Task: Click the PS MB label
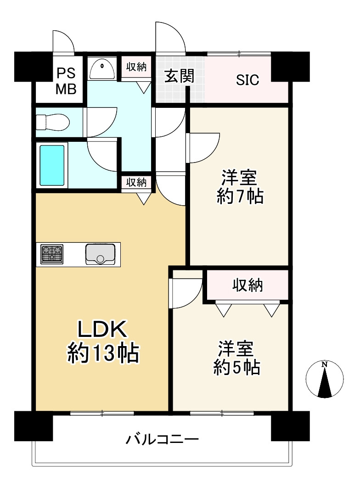pyautogui.click(x=66, y=81)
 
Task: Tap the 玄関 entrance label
pyautogui.click(x=179, y=76)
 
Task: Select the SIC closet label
pyautogui.click(x=247, y=80)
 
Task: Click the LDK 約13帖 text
pyautogui.click(x=103, y=342)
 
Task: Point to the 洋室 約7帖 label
pyautogui.click(x=240, y=187)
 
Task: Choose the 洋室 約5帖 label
pyautogui.click(x=236, y=358)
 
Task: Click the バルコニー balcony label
pyautogui.click(x=162, y=439)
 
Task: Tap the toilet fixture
pyautogui.click(x=52, y=122)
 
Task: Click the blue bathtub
pyautogui.click(x=52, y=166)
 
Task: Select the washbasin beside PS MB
pyautogui.click(x=101, y=69)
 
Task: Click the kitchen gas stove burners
pyautogui.click(x=52, y=254)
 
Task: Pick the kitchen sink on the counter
pyautogui.click(x=100, y=254)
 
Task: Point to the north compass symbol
pyautogui.click(x=325, y=379)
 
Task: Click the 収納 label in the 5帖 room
pyautogui.click(x=247, y=285)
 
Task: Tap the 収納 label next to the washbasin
pyautogui.click(x=136, y=67)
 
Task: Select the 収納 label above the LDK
pyautogui.click(x=136, y=182)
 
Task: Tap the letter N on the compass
pyautogui.click(x=325, y=364)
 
